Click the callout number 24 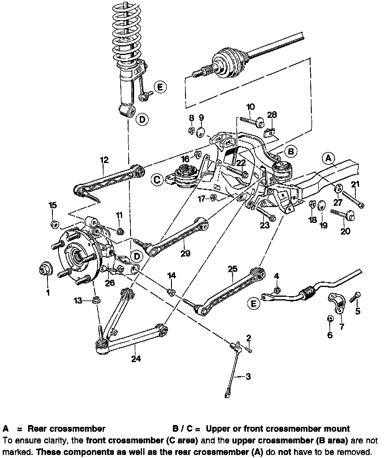pyautogui.click(x=136, y=358)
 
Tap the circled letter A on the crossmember pyautogui.click(x=329, y=158)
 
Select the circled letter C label pyautogui.click(x=158, y=180)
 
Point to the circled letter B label pyautogui.click(x=291, y=151)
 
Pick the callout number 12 pyautogui.click(x=104, y=160)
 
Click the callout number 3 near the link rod pyautogui.click(x=248, y=376)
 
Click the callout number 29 pyautogui.click(x=185, y=253)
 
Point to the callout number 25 pyautogui.click(x=232, y=269)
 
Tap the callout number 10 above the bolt pyautogui.click(x=250, y=107)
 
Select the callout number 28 pyautogui.click(x=272, y=114)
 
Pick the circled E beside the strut pyautogui.click(x=160, y=87)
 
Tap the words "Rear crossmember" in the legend pyautogui.click(x=66, y=429)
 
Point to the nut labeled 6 pyautogui.click(x=330, y=318)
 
